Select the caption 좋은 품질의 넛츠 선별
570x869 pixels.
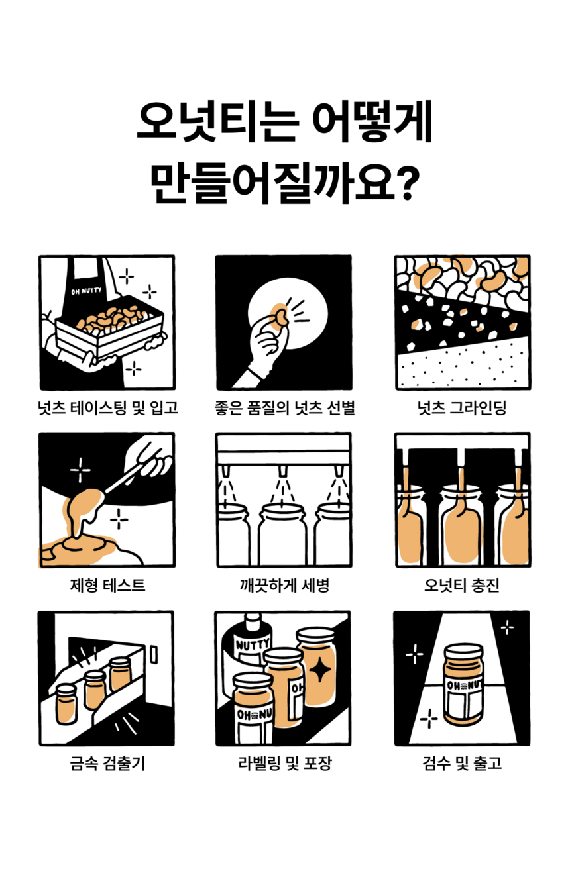click(x=284, y=407)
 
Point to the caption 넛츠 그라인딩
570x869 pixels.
click(x=462, y=407)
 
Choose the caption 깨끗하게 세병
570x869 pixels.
click(x=284, y=586)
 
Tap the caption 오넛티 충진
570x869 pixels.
click(x=462, y=586)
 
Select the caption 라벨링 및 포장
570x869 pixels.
click(x=284, y=763)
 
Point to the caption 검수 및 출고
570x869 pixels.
click(x=462, y=763)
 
